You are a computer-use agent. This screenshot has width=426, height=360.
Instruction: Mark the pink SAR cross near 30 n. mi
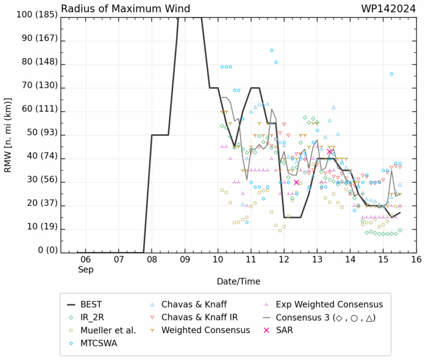click(296, 182)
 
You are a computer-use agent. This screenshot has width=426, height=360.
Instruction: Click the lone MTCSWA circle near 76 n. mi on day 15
click(391, 74)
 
